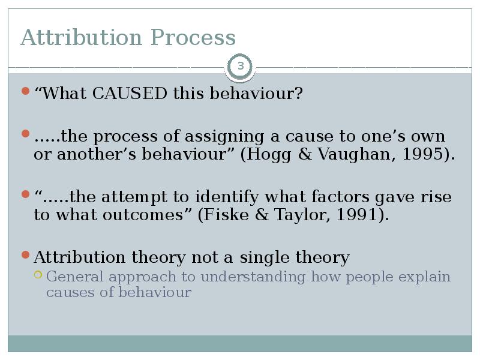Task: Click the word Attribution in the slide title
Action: click(x=82, y=38)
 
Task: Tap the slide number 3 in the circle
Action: click(x=241, y=66)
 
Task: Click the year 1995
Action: click(x=428, y=154)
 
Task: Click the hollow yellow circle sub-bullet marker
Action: click(x=38, y=275)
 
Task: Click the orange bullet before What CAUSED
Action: click(x=25, y=91)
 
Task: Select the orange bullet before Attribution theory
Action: click(x=25, y=255)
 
